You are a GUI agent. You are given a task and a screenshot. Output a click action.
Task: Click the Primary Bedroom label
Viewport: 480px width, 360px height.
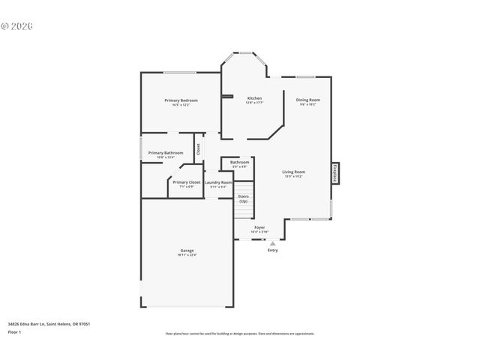pyautogui.click(x=181, y=100)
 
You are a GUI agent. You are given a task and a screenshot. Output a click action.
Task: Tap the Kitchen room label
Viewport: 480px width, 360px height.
pyautogui.click(x=254, y=98)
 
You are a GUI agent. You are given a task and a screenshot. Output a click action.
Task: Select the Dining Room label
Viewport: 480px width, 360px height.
pyautogui.click(x=307, y=100)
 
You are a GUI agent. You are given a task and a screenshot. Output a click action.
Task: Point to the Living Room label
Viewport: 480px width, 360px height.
pyautogui.click(x=293, y=172)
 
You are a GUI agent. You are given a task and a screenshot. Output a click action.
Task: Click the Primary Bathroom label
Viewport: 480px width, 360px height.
pyautogui.click(x=165, y=153)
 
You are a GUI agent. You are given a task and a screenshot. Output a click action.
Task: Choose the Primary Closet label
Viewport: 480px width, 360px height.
pyautogui.click(x=186, y=182)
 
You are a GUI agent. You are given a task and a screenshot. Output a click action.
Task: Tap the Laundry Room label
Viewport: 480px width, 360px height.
pyautogui.click(x=218, y=182)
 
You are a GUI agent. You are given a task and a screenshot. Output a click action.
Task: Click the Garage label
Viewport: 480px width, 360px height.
pyautogui.click(x=187, y=250)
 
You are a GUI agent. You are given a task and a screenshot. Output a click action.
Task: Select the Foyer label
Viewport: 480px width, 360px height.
pyautogui.click(x=259, y=227)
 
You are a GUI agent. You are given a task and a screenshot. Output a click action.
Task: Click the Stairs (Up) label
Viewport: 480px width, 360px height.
pyautogui.click(x=243, y=198)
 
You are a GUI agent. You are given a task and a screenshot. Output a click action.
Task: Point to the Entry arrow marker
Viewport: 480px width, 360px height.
pyautogui.click(x=272, y=243)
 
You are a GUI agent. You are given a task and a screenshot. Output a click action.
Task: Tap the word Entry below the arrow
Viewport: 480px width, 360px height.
pyautogui.click(x=272, y=250)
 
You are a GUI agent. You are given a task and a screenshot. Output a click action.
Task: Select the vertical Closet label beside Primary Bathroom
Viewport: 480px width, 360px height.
pyautogui.click(x=198, y=148)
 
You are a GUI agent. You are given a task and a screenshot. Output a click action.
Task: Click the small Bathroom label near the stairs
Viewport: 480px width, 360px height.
pyautogui.click(x=239, y=162)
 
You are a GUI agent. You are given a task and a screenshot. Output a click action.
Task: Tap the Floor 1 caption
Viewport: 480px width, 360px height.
pyautogui.click(x=14, y=331)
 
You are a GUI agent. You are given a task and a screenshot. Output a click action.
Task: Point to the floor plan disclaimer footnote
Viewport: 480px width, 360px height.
pyautogui.click(x=239, y=334)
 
